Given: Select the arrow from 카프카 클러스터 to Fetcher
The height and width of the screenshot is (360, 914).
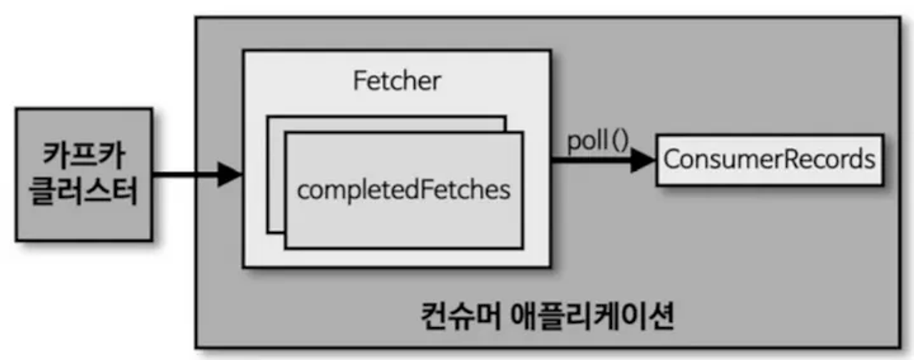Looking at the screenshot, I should tap(186, 174).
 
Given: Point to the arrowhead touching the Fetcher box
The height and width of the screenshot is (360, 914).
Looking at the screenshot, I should tap(230, 174).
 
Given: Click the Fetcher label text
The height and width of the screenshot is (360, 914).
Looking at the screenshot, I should tap(396, 81).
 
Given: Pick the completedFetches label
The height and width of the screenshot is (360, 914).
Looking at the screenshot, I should tap(403, 191).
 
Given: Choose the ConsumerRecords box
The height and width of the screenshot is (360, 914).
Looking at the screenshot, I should tap(769, 159).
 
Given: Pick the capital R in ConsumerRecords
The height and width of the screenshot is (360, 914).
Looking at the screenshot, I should tap(789, 159).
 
